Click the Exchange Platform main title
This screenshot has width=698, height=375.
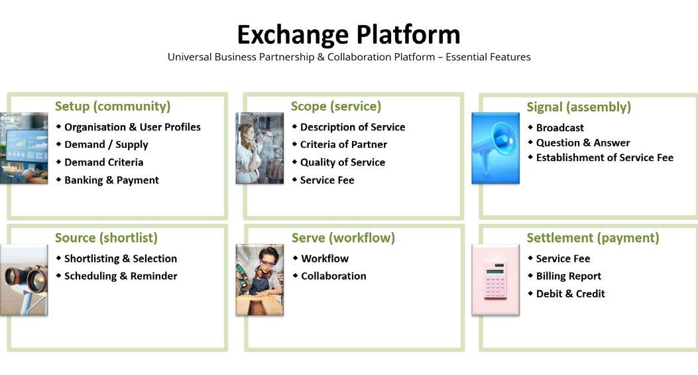pos(349,34)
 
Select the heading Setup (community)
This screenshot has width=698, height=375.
pos(113,107)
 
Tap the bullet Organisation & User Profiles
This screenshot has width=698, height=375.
pos(132,127)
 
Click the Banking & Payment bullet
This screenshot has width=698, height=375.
pos(111,180)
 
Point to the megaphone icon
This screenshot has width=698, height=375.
pos(495,148)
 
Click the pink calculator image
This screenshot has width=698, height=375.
pos(495,279)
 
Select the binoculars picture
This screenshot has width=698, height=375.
pos(24,279)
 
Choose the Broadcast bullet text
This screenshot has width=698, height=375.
pos(559,128)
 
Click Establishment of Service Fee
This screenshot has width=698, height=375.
pos(605,158)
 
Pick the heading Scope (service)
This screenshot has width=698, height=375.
pos(336,107)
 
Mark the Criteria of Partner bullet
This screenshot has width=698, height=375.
pos(343,144)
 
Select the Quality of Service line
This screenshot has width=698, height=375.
pos(342,162)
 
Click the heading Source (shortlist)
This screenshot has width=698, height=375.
pos(106,238)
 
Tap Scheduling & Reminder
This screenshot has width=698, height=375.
pos(120,276)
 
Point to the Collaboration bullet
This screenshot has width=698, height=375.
pos(333,276)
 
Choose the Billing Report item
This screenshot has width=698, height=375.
pos(568,276)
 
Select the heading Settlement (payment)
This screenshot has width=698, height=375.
pos(593,238)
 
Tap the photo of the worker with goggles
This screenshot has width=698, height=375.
pos(260,279)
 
